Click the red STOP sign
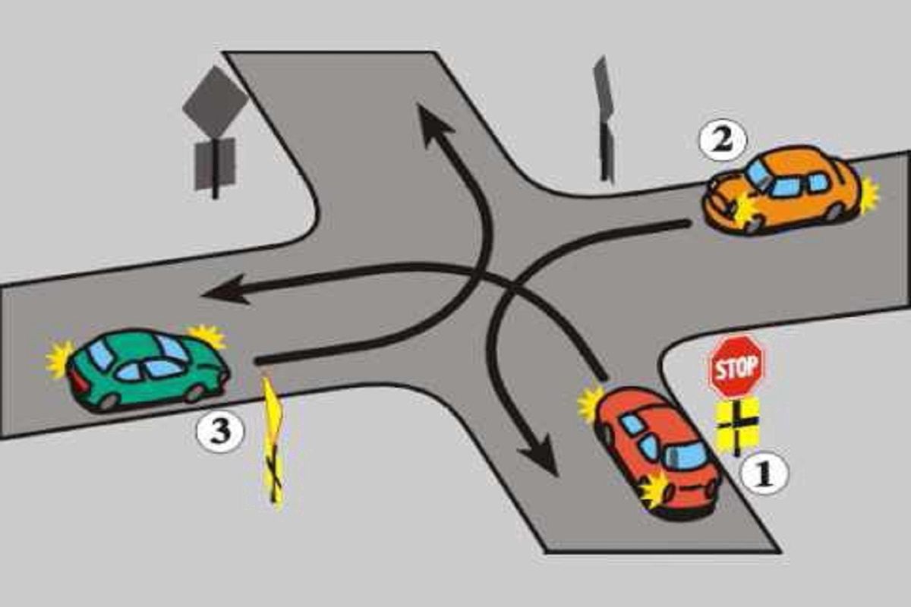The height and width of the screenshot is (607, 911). (x=736, y=366)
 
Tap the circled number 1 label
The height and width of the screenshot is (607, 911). (x=764, y=473)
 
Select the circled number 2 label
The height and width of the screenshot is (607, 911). (x=723, y=140)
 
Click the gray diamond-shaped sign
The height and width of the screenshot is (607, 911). (x=215, y=102)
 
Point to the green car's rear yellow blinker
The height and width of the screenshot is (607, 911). (x=59, y=360)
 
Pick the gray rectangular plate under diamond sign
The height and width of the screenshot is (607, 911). (x=215, y=164)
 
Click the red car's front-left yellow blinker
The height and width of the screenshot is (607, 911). (x=591, y=404)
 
